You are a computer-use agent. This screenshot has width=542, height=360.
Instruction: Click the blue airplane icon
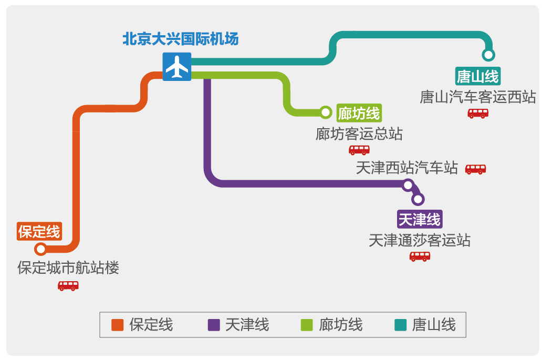pyautogui.click(x=176, y=67)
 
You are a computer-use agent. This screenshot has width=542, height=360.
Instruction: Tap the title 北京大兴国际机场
pyautogui.click(x=180, y=39)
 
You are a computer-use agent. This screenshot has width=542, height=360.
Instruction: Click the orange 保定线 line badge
pyautogui.click(x=39, y=231)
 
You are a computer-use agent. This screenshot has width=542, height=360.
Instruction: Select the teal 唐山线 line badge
pyautogui.click(x=477, y=76)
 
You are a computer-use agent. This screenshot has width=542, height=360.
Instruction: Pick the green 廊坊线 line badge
pyautogui.click(x=359, y=112)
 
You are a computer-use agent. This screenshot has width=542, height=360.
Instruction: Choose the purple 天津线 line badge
pyautogui.click(x=419, y=219)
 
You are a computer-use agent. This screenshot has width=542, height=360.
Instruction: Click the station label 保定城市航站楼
pyautogui.click(x=68, y=268)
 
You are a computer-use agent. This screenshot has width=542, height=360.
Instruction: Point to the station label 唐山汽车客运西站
pyautogui.click(x=477, y=97)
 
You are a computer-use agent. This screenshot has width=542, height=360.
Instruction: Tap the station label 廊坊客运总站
pyautogui.click(x=359, y=133)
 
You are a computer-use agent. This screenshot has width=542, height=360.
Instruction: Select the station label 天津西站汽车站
pyautogui.click(x=407, y=168)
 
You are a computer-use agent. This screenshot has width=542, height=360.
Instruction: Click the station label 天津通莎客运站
pyautogui.click(x=420, y=240)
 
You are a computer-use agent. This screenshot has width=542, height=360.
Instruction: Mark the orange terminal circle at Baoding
pyautogui.click(x=40, y=249)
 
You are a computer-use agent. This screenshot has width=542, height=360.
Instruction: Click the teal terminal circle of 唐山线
pyautogui.click(x=488, y=55)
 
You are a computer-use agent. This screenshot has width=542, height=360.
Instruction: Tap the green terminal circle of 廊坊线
pyautogui.click(x=326, y=112)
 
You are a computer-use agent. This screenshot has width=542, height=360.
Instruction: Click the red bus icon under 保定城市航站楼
pyautogui.click(x=68, y=286)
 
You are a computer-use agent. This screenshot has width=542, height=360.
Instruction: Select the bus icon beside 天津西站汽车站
pyautogui.click(x=475, y=169)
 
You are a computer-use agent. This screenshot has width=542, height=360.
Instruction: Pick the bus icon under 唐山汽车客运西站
pyautogui.click(x=478, y=113)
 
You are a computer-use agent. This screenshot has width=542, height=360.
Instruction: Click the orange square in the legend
pyautogui.click(x=117, y=325)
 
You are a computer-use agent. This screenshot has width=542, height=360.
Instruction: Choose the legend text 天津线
pyautogui.click(x=247, y=325)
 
